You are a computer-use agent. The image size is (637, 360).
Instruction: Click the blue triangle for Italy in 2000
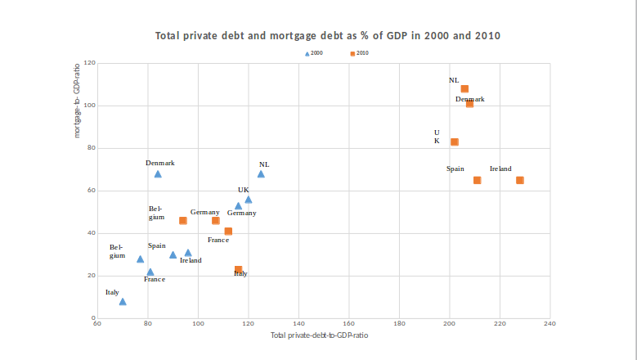(123, 302)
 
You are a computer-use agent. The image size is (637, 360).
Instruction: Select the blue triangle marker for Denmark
(158, 174)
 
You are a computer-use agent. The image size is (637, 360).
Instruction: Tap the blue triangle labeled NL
(261, 173)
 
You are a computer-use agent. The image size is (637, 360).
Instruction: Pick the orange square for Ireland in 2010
(520, 180)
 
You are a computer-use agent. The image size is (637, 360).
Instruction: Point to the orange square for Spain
(477, 180)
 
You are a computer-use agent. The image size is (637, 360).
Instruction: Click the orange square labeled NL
(464, 89)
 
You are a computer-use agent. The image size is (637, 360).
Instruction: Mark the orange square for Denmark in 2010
(469, 104)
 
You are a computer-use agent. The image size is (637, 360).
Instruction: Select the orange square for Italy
(238, 269)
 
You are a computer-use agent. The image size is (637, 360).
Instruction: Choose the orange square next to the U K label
(455, 142)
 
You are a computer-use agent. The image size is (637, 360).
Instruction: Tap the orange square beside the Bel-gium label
(182, 221)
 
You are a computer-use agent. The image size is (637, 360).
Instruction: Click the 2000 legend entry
(313, 53)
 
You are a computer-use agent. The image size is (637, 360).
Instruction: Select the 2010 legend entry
(359, 53)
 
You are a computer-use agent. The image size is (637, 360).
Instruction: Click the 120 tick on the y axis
(90, 63)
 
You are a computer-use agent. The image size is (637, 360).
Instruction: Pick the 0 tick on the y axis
(93, 318)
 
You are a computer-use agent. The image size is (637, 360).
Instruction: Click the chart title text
(327, 36)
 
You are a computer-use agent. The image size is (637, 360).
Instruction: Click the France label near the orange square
(218, 240)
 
